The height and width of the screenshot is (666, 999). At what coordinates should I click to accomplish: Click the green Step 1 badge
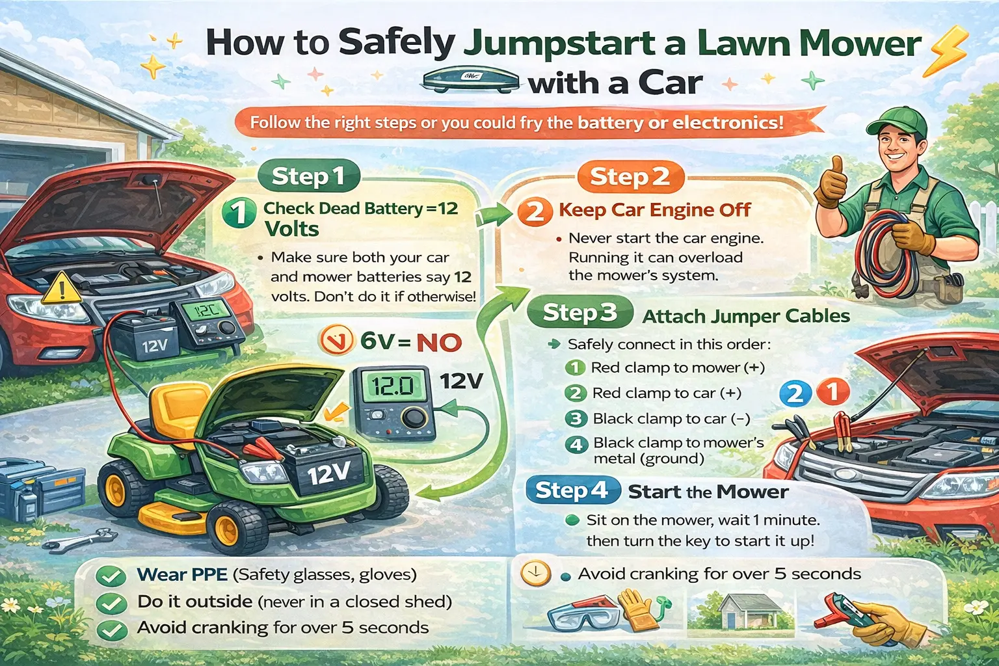308,176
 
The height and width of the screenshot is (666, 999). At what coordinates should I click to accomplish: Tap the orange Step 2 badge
630,177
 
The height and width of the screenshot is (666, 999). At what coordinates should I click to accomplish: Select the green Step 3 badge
579,313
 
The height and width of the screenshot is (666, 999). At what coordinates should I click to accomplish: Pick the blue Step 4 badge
572,490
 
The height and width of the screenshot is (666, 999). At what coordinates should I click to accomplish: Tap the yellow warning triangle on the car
61,288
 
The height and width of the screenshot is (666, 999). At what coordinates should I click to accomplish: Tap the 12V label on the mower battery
329,473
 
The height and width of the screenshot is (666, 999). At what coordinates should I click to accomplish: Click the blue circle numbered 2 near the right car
795,394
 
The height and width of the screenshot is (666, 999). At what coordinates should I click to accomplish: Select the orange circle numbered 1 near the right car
832,392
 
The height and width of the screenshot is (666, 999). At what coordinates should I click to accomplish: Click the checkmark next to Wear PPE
111,576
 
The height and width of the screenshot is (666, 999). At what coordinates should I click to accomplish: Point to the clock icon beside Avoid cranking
535,574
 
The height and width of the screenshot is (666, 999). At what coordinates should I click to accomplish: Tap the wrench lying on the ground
78,539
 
